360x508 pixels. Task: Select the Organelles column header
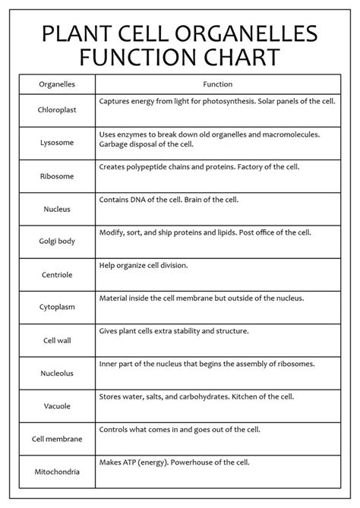(56, 84)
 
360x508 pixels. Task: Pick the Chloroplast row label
(56, 109)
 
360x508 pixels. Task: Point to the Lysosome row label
(56, 143)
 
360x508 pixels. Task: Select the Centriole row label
(56, 274)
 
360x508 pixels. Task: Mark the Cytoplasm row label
(56, 308)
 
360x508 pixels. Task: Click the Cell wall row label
(56, 340)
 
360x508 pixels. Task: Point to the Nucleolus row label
(56, 374)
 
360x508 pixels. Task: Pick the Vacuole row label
(56, 406)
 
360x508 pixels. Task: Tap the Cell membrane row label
(56, 439)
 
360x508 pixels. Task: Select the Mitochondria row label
(56, 472)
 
